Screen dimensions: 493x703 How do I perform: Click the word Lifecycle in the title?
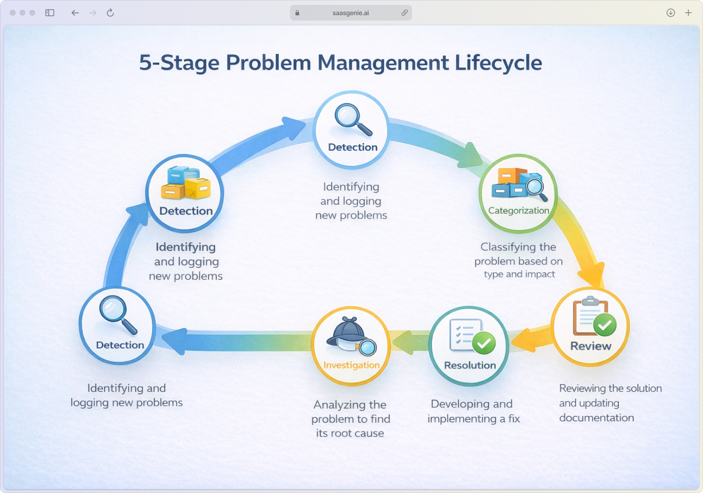click(498, 63)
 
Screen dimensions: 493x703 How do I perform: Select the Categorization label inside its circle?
click(518, 211)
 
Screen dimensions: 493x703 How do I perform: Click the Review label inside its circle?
click(591, 346)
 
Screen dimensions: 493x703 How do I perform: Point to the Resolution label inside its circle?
click(470, 365)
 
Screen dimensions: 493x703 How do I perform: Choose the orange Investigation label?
click(351, 365)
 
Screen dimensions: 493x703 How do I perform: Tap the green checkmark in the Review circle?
click(605, 325)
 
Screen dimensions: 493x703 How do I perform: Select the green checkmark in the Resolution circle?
click(484, 343)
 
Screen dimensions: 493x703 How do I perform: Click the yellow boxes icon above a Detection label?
click(186, 183)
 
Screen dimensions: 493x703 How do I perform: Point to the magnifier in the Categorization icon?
click(535, 188)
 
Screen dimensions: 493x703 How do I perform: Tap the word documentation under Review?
click(597, 418)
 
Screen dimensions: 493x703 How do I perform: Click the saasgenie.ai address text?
click(351, 13)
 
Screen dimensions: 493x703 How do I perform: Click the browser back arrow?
click(75, 13)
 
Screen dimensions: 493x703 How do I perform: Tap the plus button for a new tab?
click(688, 13)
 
